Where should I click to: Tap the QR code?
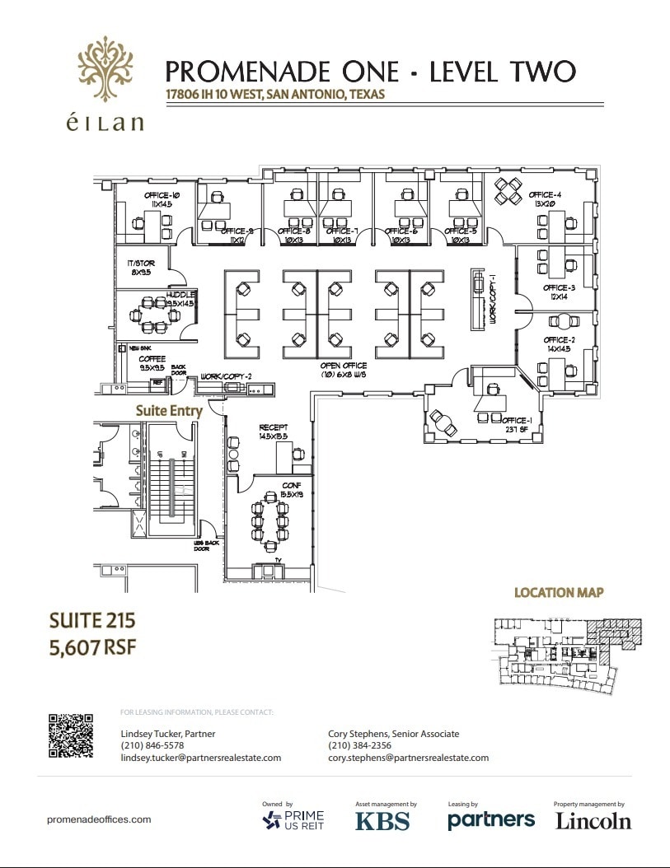pos(71,736)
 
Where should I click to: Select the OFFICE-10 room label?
pos(157,195)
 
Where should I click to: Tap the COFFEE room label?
pos(152,359)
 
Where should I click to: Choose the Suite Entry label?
pos(169,410)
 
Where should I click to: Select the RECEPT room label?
pos(272,427)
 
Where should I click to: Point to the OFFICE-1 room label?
pos(517,421)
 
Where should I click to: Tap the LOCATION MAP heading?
pos(559,592)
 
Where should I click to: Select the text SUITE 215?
pos(91,619)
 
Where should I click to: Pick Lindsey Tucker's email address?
pos(200,758)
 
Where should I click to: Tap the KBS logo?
pos(382,820)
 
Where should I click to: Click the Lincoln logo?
pos(593,820)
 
